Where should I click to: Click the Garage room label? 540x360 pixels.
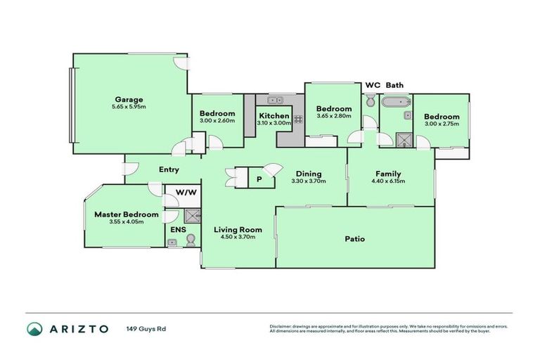click(x=129, y=99)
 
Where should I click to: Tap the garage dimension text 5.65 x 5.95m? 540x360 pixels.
click(x=129, y=107)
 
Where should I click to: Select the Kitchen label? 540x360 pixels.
click(x=274, y=115)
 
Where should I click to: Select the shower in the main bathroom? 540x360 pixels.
click(x=404, y=139)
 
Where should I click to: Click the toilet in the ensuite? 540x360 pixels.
click(x=189, y=240)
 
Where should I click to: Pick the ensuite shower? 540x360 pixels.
click(x=192, y=217)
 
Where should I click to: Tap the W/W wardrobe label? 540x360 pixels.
click(x=186, y=192)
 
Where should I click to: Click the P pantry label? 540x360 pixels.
click(x=259, y=179)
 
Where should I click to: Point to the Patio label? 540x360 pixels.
click(x=354, y=239)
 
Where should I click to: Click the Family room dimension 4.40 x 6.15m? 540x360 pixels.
click(x=388, y=181)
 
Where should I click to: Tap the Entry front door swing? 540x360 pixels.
click(x=129, y=169)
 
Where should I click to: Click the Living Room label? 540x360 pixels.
click(x=238, y=229)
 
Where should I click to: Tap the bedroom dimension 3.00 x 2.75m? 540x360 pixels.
click(x=442, y=124)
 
